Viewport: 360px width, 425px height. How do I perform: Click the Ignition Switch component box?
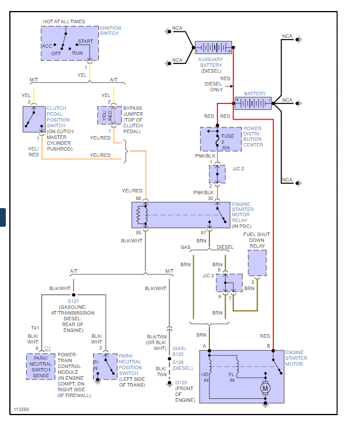70,43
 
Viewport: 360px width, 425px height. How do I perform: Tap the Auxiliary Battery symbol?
213,48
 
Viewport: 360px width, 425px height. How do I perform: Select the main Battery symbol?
253,103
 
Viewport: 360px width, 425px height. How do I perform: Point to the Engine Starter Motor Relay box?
181,215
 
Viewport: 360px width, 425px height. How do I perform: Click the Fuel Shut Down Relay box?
256,263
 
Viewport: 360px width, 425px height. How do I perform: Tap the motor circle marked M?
265,388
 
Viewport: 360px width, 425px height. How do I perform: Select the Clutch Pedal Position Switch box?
34,119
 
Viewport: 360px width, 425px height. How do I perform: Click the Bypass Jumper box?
109,115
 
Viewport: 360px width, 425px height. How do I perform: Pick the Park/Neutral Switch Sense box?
41,367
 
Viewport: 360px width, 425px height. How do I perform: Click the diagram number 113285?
22,409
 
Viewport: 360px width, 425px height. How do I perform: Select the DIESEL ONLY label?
213,87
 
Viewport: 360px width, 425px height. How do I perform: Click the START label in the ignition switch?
85,42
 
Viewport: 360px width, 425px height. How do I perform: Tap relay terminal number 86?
138,199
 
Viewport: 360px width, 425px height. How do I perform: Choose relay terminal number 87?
203,232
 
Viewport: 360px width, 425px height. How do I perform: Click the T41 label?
35,328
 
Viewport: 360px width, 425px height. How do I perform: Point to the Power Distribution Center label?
253,137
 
